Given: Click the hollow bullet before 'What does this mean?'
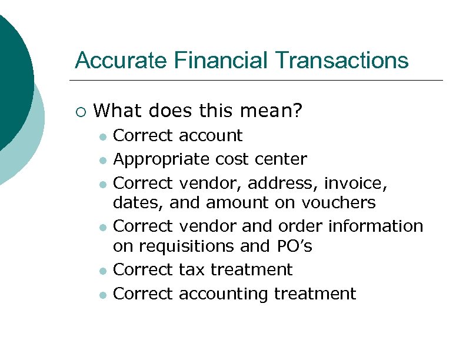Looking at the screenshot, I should click(x=81, y=110).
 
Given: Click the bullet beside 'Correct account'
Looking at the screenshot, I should click(x=102, y=137).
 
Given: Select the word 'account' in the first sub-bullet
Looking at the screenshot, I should click(x=210, y=136).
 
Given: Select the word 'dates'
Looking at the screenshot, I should click(x=134, y=203).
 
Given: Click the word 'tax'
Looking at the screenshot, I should click(x=192, y=270).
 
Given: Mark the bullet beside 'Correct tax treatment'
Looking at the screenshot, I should click(x=102, y=271).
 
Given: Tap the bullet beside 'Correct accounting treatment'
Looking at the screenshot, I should click(x=102, y=295).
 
